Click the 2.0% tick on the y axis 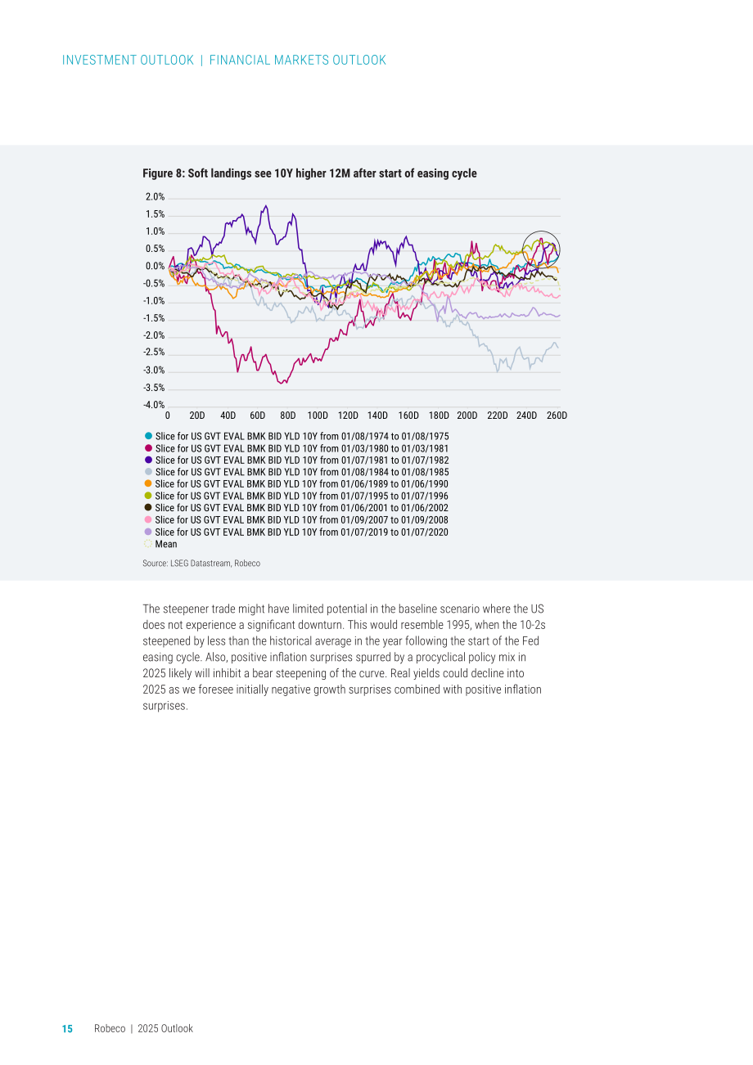(x=155, y=197)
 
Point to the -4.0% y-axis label (x=154, y=405)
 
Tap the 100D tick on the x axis (x=318, y=416)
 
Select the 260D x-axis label (x=557, y=416)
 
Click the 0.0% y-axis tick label (x=155, y=267)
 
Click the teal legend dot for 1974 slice (x=148, y=436)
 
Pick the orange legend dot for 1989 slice (x=148, y=483)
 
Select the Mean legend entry (x=160, y=544)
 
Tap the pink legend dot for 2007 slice (x=148, y=519)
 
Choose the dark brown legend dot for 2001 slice (x=148, y=508)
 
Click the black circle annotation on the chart (x=523, y=249)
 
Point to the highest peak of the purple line (x=266, y=206)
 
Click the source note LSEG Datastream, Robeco (x=215, y=564)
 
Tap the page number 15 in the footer (x=68, y=1029)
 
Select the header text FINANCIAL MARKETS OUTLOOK (x=298, y=61)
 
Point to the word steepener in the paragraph (x=186, y=609)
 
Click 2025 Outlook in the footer (x=165, y=1029)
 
